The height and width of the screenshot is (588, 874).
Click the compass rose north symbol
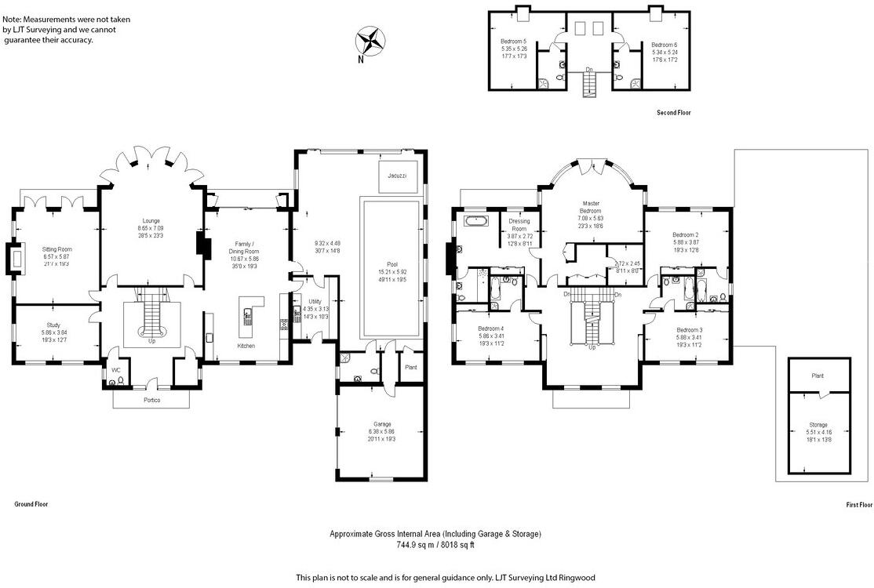(370, 41)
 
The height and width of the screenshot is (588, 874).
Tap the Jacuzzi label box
(396, 176)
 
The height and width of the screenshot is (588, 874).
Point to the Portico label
(152, 401)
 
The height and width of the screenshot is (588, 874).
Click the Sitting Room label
(56, 249)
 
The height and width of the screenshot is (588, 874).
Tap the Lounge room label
(151, 221)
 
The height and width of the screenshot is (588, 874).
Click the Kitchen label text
(246, 345)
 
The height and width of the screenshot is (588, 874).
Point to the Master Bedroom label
(590, 206)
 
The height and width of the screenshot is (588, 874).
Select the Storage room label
(818, 425)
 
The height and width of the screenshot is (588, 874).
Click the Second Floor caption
(674, 113)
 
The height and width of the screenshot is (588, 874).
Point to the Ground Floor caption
(31, 504)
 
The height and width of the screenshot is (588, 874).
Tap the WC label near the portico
(115, 369)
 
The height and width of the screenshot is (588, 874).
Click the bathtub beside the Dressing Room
(475, 222)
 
